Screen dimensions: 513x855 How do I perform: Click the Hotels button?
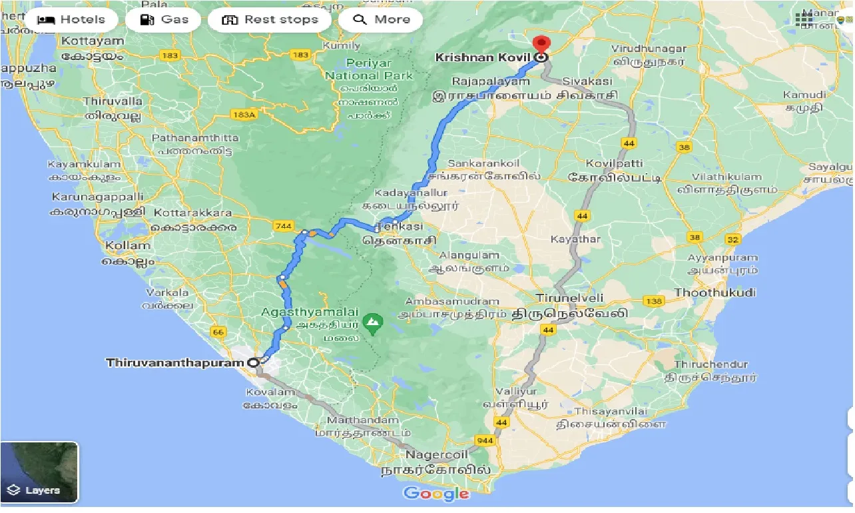(71, 19)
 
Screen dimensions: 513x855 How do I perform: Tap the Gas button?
(165, 19)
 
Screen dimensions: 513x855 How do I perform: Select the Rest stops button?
(270, 19)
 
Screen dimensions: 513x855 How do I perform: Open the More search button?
(381, 19)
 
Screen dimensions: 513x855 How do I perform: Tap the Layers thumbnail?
(39, 472)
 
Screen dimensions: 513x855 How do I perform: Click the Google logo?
(436, 494)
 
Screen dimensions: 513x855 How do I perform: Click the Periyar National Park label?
(369, 70)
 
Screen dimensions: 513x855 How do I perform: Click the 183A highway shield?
(244, 115)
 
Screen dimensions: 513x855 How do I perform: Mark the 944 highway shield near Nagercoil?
(484, 441)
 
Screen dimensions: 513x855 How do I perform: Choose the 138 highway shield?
(654, 301)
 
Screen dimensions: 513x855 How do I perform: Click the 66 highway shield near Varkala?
(218, 331)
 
